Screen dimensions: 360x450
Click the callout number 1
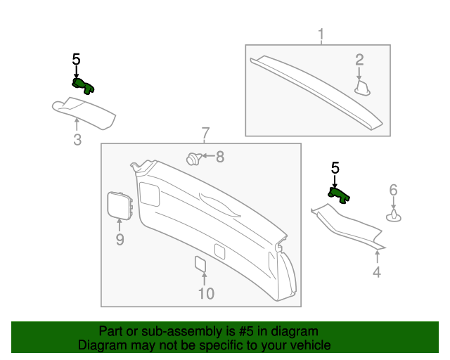click(321, 34)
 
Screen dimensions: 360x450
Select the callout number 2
click(359, 60)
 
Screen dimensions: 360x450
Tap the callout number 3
click(77, 139)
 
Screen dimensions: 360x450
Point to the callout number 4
click(377, 272)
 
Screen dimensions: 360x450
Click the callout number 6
click(394, 190)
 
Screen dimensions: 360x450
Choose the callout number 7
click(205, 133)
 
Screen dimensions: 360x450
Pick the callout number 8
click(219, 157)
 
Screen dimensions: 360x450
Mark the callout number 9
click(120, 240)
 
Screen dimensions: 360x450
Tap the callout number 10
click(205, 293)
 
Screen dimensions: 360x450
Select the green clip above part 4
click(340, 194)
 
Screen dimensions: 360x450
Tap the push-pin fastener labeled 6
click(394, 216)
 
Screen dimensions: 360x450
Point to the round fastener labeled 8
click(192, 159)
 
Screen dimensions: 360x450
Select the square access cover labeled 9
click(117, 205)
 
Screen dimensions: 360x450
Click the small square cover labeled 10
click(201, 264)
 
